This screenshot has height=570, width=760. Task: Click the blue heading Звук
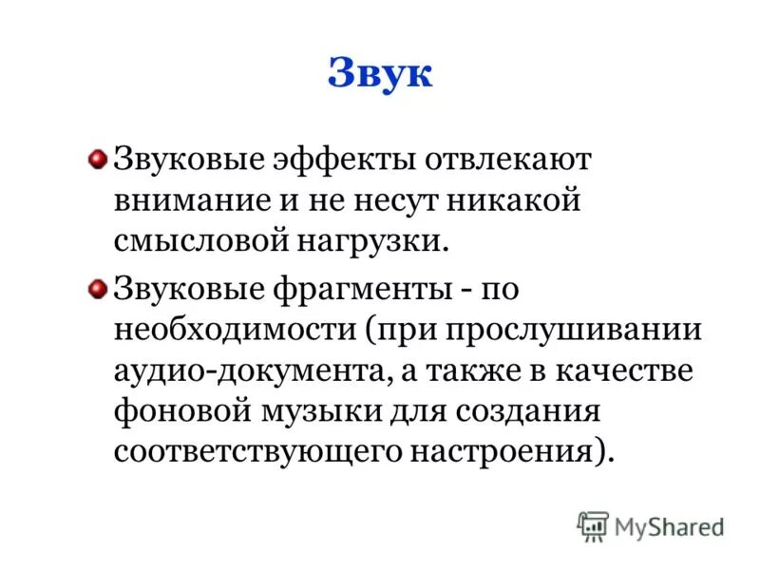point(380,74)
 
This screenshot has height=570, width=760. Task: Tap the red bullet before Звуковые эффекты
point(97,158)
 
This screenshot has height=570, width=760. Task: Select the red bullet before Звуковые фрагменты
point(97,289)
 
